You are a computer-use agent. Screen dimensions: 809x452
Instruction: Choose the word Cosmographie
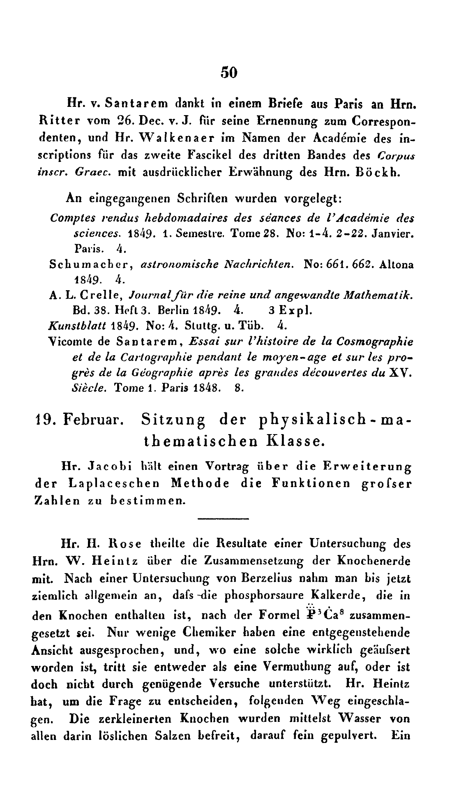tap(374, 342)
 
